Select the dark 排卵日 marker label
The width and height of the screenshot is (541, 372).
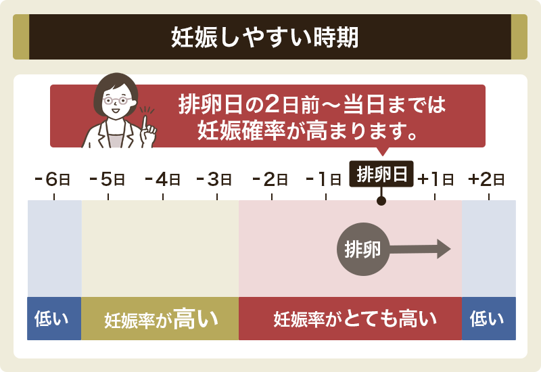(x=381, y=174)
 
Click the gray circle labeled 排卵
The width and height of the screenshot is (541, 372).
(x=362, y=248)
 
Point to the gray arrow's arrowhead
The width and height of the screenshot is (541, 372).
(x=444, y=248)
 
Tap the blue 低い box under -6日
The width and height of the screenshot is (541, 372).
(x=54, y=318)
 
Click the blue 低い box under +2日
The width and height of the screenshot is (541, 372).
(x=488, y=318)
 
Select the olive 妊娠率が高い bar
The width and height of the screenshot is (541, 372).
(x=160, y=318)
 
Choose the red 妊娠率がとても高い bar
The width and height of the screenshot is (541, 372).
(x=350, y=318)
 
